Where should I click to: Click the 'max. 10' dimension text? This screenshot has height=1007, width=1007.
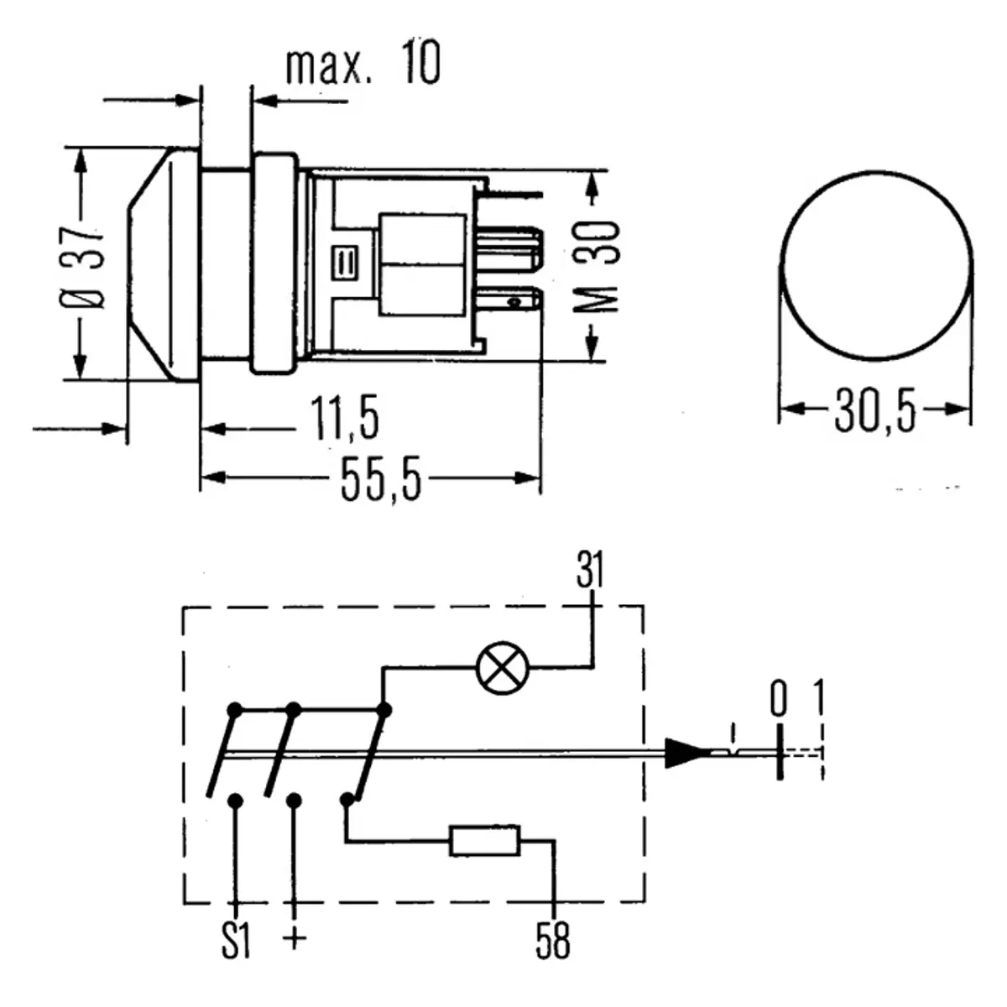tap(363, 65)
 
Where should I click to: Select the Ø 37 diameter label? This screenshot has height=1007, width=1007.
tap(84, 267)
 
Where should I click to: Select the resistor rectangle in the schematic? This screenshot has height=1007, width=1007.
tap(485, 841)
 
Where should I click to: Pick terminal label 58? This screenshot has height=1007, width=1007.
tap(552, 942)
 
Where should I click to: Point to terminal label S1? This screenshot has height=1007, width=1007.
tap(237, 942)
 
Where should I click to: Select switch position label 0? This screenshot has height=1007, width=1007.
tap(780, 699)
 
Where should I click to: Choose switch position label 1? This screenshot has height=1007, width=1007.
tap(819, 699)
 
